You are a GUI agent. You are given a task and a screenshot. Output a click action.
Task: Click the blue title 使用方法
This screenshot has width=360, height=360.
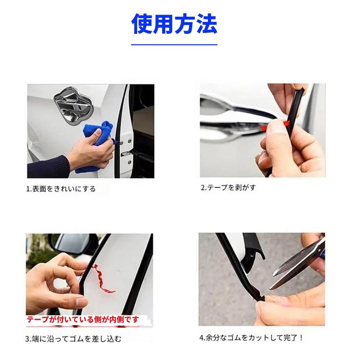174,24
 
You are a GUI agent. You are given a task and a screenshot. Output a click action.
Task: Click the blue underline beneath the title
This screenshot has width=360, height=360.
174,45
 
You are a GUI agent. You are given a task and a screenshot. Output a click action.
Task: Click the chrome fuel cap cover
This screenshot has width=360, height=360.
73,105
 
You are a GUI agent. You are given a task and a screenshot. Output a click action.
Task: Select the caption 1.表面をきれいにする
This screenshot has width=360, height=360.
61,189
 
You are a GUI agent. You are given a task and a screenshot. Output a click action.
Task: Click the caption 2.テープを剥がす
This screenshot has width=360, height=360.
228,188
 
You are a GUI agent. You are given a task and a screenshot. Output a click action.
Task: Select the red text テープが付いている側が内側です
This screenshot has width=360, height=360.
83,320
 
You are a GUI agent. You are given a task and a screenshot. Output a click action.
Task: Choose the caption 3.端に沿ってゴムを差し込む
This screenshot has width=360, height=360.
73,339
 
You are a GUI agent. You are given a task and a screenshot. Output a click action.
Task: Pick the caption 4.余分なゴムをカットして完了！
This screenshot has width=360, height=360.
251,338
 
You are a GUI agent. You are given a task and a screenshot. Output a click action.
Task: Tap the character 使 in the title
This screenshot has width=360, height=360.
142,24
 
